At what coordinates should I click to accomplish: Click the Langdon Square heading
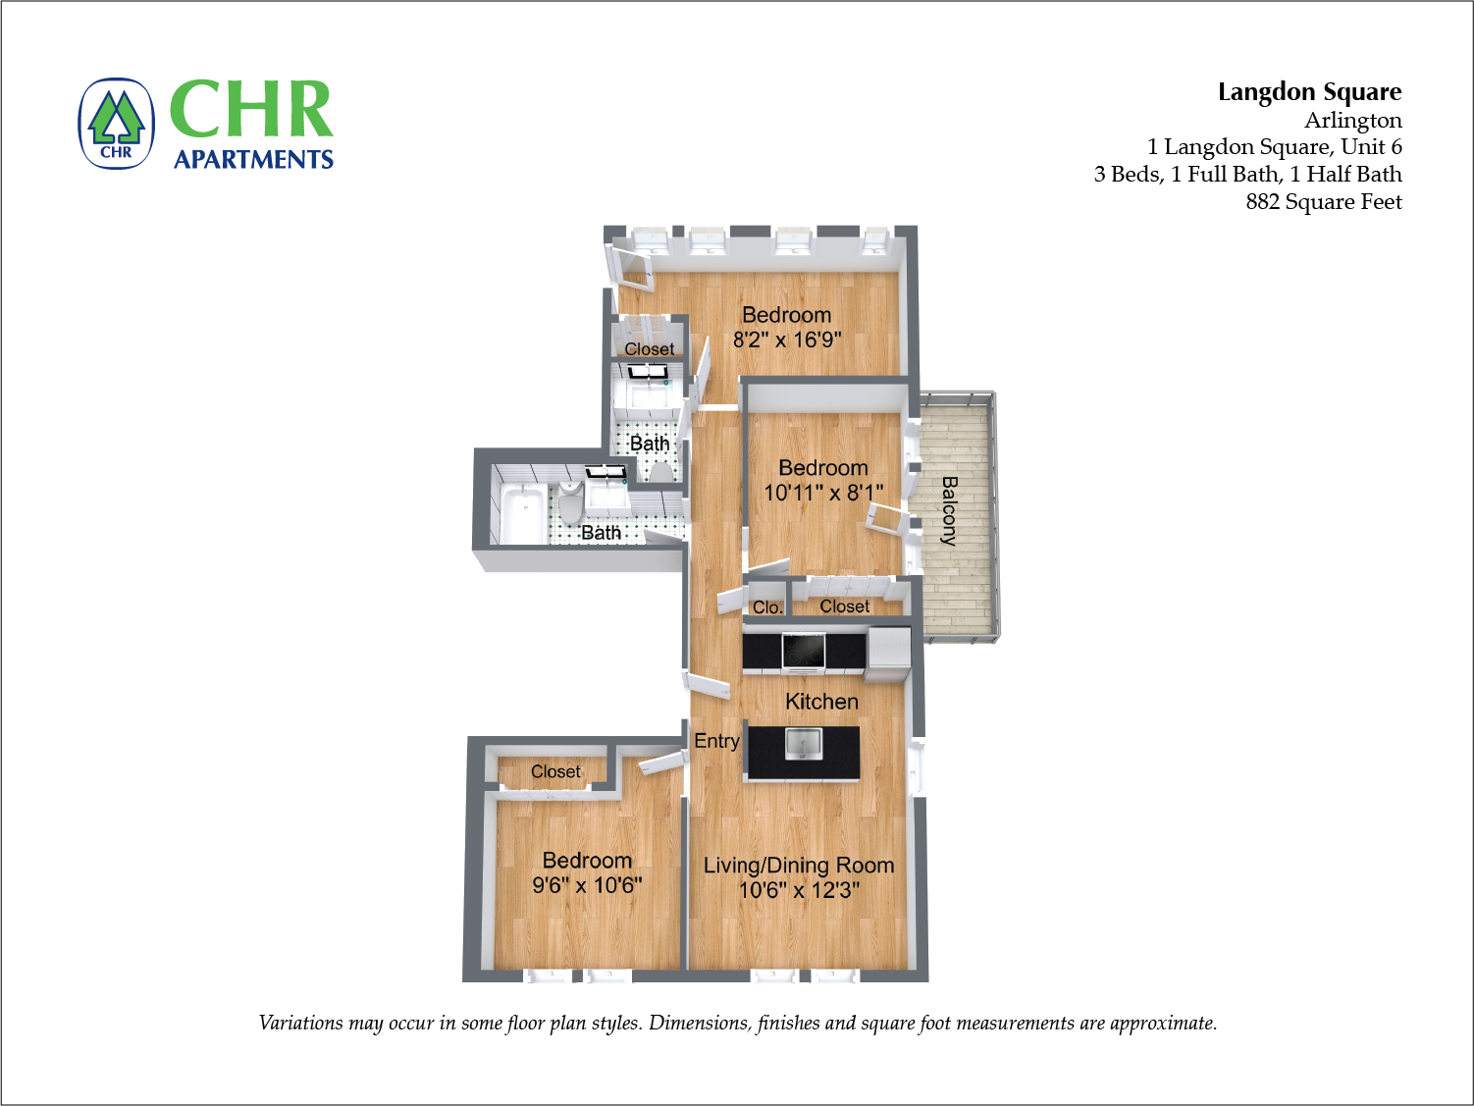pyautogui.click(x=1309, y=92)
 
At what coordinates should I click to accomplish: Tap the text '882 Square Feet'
pyautogui.click(x=1323, y=202)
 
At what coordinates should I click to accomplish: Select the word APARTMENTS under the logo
pyautogui.click(x=253, y=159)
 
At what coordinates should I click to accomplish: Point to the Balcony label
pyautogui.click(x=949, y=510)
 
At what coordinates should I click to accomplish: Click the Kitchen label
pyautogui.click(x=821, y=702)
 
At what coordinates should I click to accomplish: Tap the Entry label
pyautogui.click(x=716, y=741)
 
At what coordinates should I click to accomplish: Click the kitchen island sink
pyautogui.click(x=803, y=744)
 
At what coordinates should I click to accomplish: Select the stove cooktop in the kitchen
pyautogui.click(x=803, y=649)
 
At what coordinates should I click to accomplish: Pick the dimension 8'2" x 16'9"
pyautogui.click(x=787, y=340)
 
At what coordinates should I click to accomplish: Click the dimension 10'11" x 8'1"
pyautogui.click(x=823, y=493)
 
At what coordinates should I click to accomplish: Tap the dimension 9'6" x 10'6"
pyautogui.click(x=587, y=885)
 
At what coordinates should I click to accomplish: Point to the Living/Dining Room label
pyautogui.click(x=799, y=866)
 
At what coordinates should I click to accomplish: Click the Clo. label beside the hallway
pyautogui.click(x=767, y=607)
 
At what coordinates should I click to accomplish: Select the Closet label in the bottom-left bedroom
pyautogui.click(x=555, y=772)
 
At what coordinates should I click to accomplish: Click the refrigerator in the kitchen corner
pyautogui.click(x=888, y=653)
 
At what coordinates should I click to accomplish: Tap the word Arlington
pyautogui.click(x=1352, y=121)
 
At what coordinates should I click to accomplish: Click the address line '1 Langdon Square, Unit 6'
pyautogui.click(x=1274, y=147)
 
